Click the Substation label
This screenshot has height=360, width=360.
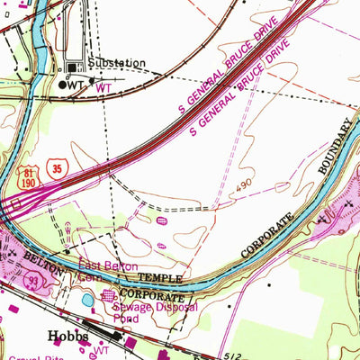point(117,63)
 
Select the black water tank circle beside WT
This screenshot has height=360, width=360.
point(62,84)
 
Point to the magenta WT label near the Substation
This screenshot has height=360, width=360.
point(104,88)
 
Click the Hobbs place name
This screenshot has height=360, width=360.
point(66,334)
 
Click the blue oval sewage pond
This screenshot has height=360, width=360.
point(87,301)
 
